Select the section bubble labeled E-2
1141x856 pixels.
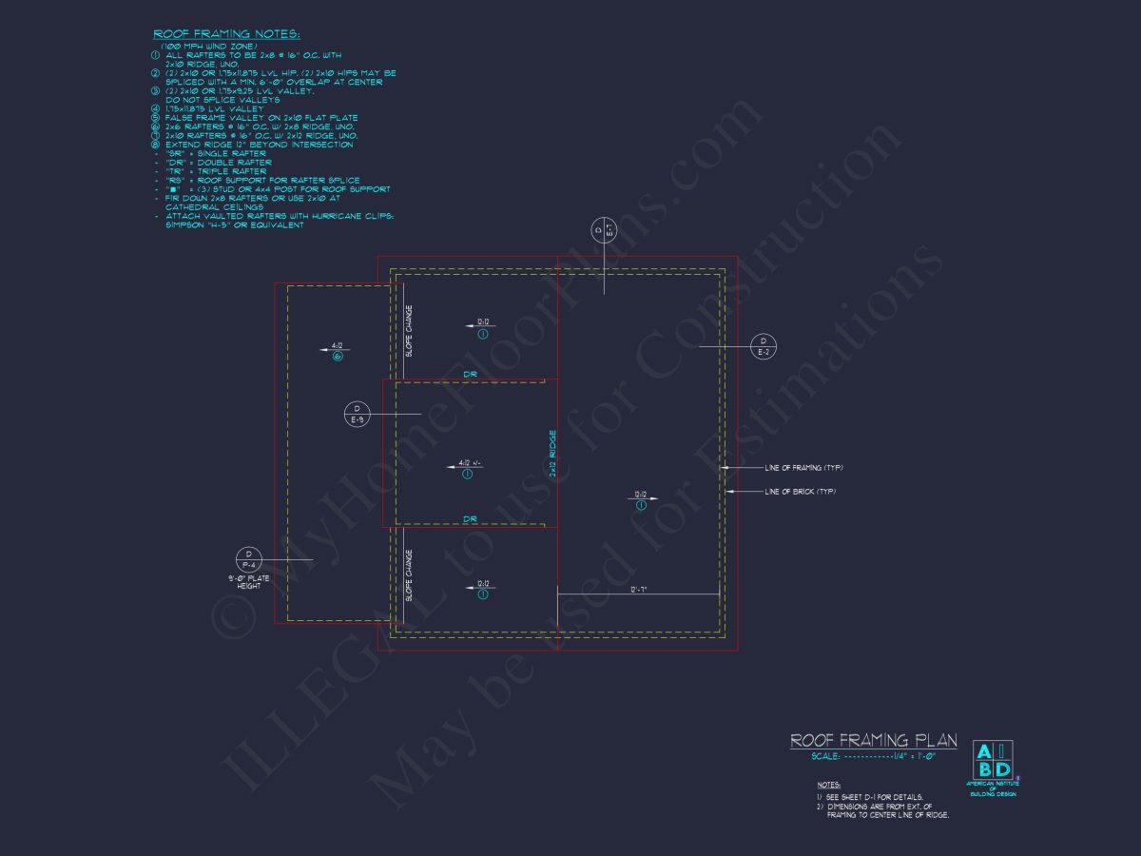(763, 347)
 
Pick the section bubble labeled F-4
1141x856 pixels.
(248, 560)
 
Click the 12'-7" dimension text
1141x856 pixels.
(637, 590)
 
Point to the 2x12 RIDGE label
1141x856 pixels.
(551, 454)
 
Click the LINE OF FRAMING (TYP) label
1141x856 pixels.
(803, 468)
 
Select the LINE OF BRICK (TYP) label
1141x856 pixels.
(800, 492)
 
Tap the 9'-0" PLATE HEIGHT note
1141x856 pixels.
(248, 582)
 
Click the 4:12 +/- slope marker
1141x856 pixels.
(470, 464)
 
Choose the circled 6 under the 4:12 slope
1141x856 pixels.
(337, 357)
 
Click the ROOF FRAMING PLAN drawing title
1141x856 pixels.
(874, 741)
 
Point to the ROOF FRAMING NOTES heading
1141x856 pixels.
(226, 34)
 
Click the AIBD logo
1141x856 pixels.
(992, 760)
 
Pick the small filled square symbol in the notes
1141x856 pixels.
(173, 189)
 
